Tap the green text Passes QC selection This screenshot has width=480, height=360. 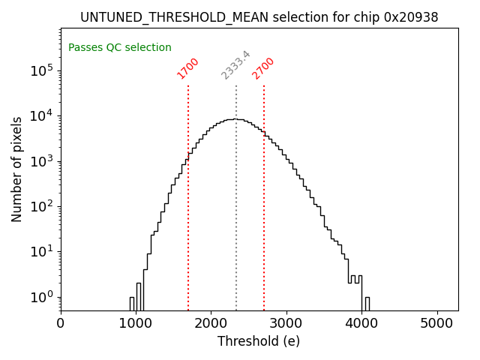[x=120, y=48]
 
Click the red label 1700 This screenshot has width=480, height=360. [x=187, y=68]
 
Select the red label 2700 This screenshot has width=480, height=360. [x=263, y=68]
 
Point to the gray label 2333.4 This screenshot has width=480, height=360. [x=235, y=65]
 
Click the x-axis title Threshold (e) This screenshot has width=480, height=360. [x=259, y=342]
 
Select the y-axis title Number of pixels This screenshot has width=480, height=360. [x=17, y=169]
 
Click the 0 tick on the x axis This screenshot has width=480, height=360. [x=61, y=323]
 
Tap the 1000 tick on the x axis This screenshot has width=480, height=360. [x=136, y=323]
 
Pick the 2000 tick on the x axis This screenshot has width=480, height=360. [x=211, y=323]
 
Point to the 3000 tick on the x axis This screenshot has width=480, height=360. [x=286, y=323]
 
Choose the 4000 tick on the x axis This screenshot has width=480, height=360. [x=361, y=323]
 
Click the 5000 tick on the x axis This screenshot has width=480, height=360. [x=436, y=323]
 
